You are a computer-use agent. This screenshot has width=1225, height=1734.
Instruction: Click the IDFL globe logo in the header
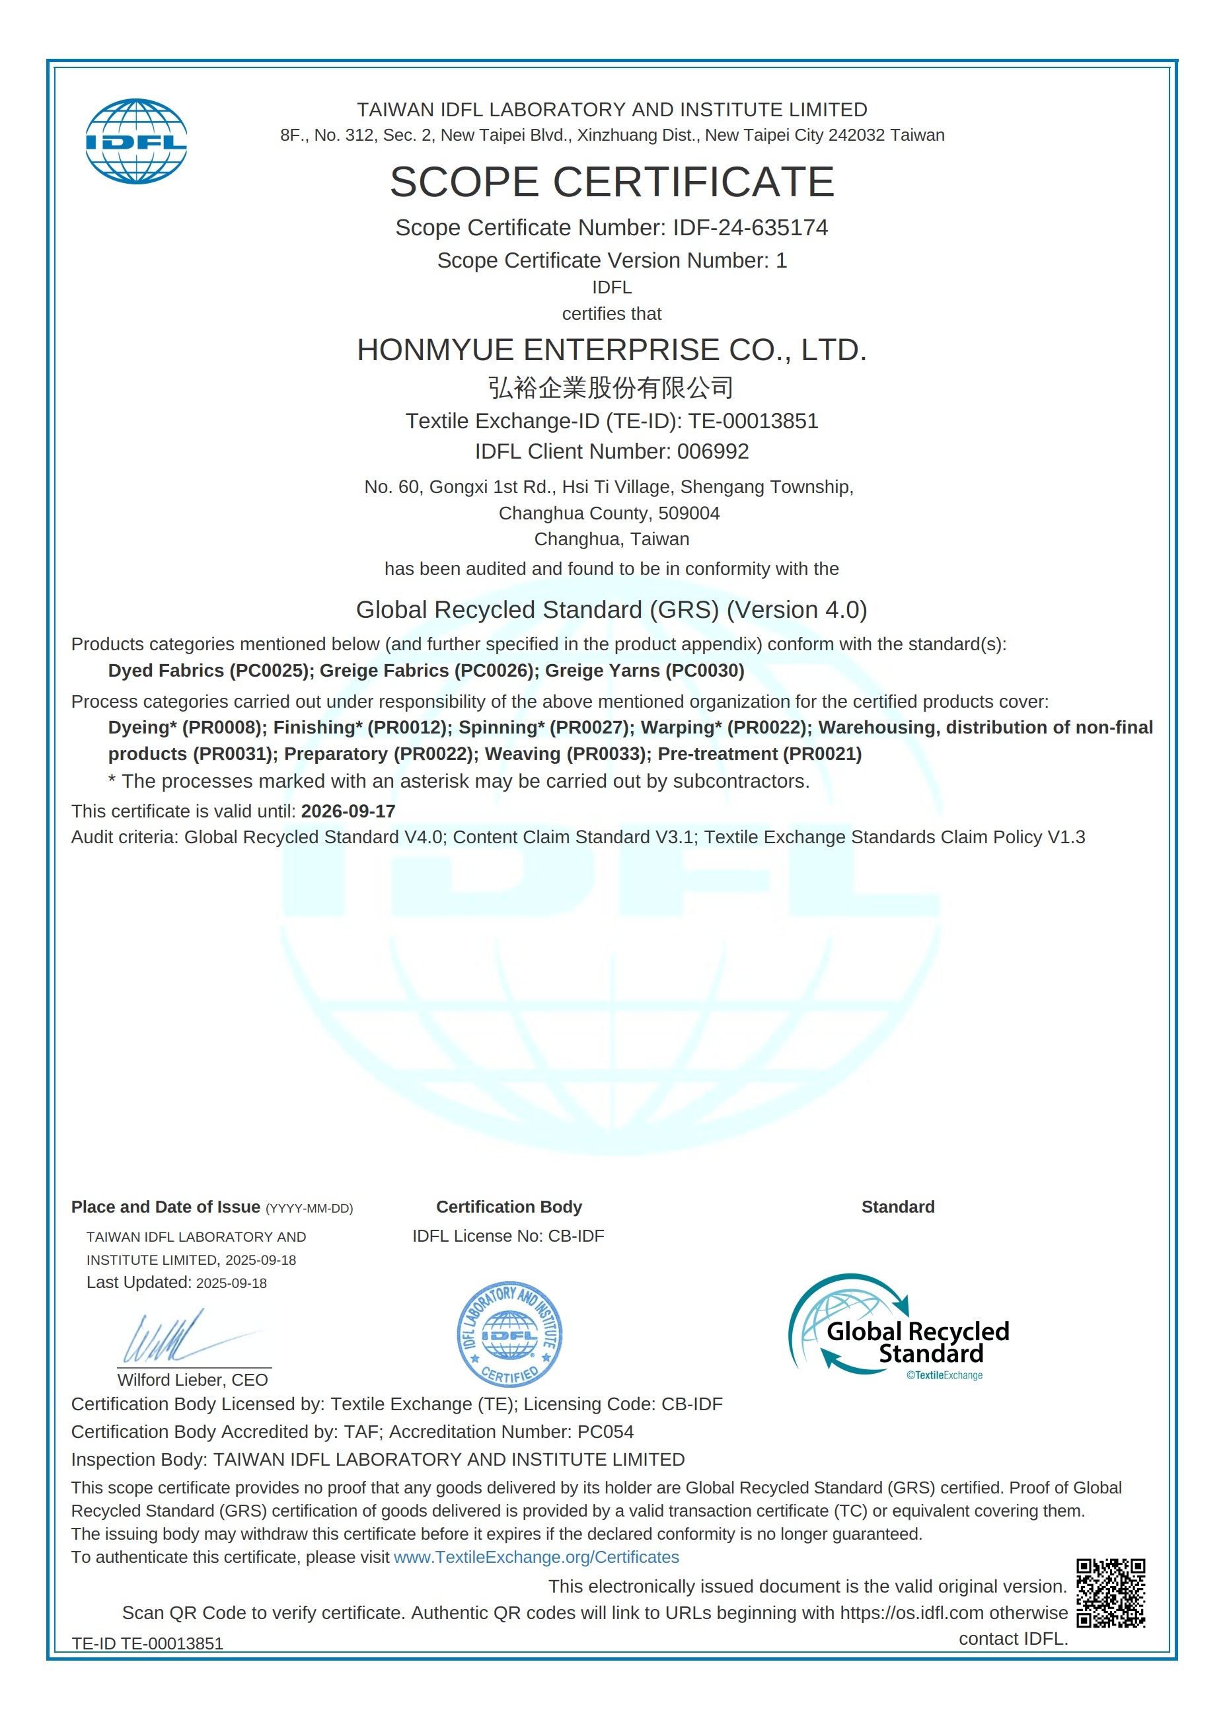coord(136,141)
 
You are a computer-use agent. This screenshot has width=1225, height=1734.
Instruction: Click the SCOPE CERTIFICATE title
coord(612,182)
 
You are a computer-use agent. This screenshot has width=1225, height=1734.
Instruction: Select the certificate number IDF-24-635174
coord(750,227)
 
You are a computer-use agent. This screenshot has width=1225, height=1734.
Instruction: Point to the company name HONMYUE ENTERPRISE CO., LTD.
coord(612,350)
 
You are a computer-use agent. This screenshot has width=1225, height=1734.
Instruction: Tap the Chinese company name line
coord(611,387)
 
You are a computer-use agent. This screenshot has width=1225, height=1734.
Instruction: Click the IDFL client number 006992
coord(712,451)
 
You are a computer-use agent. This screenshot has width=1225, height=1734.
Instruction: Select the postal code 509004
coord(688,513)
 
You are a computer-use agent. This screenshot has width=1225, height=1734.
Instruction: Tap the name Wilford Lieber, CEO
coord(192,1380)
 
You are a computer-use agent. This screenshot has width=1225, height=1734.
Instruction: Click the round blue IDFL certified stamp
coord(510,1334)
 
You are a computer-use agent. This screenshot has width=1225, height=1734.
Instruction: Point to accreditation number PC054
coord(605,1432)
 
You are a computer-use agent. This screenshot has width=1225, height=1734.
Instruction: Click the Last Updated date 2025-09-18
coord(231,1283)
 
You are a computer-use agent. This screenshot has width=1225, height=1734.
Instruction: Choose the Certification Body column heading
coord(509,1207)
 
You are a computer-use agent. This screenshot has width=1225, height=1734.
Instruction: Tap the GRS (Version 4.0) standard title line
coord(612,609)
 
